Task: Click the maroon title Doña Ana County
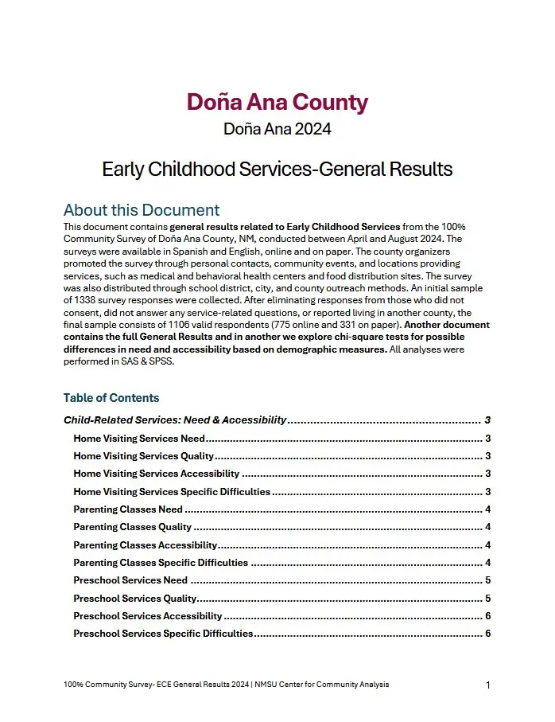[277, 103]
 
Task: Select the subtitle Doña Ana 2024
[277, 128]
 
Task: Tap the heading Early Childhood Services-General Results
[277, 170]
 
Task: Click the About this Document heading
[142, 210]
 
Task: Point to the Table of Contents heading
[111, 398]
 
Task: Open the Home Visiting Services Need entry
[139, 439]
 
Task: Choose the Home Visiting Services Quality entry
[143, 456]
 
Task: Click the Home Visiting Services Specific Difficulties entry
[172, 492]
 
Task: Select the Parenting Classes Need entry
[128, 509]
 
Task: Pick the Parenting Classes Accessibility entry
[145, 545]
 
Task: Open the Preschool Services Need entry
[130, 580]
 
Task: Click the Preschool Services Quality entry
[134, 599]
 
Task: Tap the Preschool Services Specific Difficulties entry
[163, 634]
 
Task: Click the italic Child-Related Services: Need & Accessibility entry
[175, 420]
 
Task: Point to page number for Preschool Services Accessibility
[487, 616]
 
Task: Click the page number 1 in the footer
[487, 685]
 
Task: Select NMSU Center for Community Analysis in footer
[321, 685]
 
